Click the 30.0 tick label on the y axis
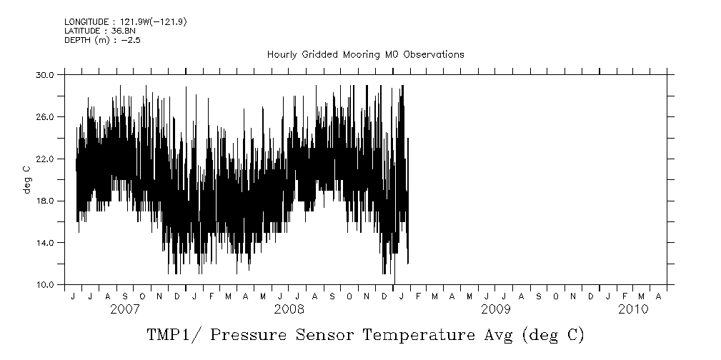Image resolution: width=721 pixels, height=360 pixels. click(x=45, y=74)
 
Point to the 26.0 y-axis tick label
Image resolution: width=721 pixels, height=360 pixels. click(x=45, y=116)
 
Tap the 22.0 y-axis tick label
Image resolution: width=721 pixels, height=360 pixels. click(x=45, y=159)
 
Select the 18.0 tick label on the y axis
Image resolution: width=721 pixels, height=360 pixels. click(x=45, y=201)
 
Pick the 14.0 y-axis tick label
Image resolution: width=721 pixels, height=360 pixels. click(x=45, y=243)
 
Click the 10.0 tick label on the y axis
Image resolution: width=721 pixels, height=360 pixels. click(x=45, y=285)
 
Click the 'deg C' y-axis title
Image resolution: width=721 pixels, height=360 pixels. click(x=26, y=179)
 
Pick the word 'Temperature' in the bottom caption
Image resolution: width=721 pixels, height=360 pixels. click(x=416, y=335)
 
